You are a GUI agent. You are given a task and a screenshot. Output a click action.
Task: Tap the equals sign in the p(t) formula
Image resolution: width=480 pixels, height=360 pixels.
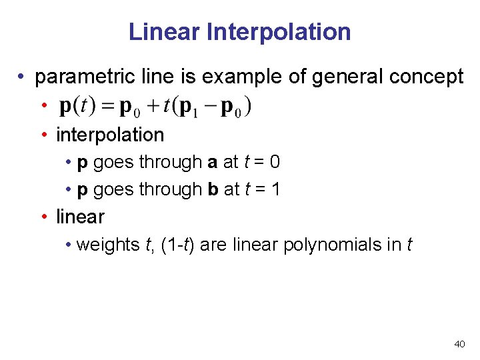[x=110, y=106]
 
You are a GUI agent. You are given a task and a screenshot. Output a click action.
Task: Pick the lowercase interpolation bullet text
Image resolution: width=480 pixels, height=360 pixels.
[x=110, y=135]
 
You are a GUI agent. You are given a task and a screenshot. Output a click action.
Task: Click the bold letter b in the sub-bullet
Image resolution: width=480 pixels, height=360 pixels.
[x=213, y=189]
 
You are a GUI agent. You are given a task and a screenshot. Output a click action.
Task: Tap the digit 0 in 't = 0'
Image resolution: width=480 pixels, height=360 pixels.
[x=275, y=162]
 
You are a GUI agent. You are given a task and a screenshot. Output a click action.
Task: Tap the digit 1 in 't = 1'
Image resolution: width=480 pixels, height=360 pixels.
[x=276, y=189]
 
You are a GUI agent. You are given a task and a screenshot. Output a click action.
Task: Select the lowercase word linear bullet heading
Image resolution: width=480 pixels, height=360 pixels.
[x=80, y=217]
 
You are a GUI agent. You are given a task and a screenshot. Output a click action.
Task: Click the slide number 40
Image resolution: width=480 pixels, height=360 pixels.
[x=459, y=344]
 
